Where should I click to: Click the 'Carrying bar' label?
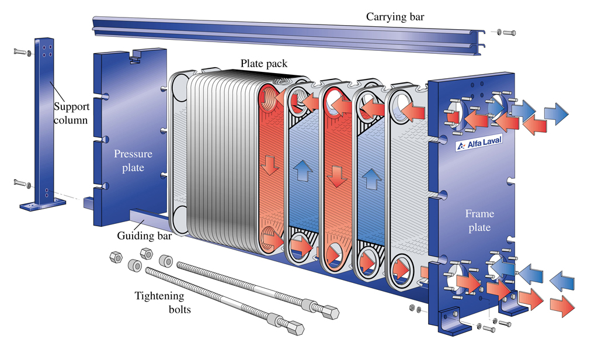tap(395, 16)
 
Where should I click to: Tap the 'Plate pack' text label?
tap(264, 63)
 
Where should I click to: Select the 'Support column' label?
tap(71, 113)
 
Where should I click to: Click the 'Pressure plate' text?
tap(133, 160)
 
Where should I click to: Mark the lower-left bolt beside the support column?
tap(21, 185)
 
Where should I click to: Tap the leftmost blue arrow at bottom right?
tap(502, 268)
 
